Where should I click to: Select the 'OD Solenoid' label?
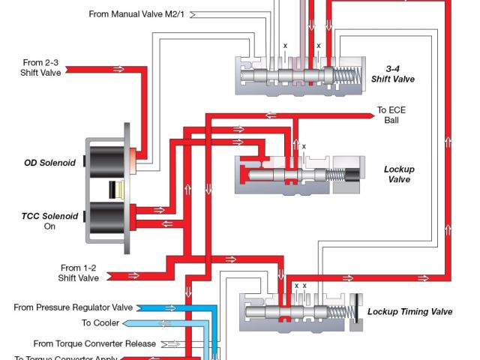point(53,163)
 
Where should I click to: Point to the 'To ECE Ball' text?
point(392,115)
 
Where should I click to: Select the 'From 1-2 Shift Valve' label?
point(79,272)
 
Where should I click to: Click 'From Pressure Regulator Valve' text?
point(73,307)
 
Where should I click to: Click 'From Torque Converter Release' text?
point(94,343)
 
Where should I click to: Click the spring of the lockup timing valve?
point(346,310)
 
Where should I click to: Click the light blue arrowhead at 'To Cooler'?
point(128,323)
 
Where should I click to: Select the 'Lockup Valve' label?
point(399,174)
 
